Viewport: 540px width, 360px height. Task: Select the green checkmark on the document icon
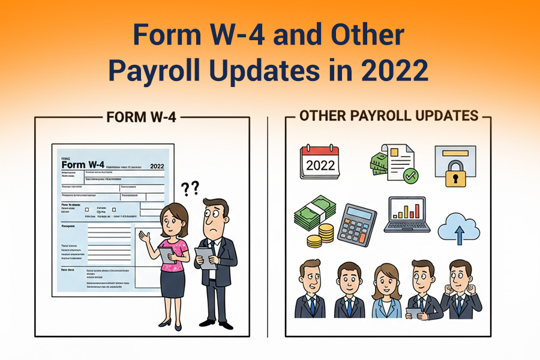pyautogui.click(x=411, y=176)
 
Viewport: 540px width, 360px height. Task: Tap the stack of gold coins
pyautogui.click(x=323, y=236)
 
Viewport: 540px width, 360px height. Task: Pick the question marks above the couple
pyautogui.click(x=190, y=189)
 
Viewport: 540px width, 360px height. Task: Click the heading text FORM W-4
pyautogui.click(x=141, y=117)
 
